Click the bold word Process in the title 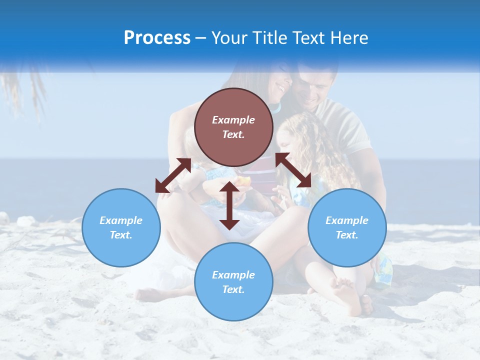tap(157, 38)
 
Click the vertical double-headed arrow tap(229, 205)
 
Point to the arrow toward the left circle tap(173, 175)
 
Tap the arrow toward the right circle tap(293, 170)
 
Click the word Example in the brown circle tap(233, 120)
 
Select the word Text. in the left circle tap(121, 235)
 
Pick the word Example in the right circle tap(347, 220)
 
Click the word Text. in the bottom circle tap(233, 289)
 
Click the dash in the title tap(201, 38)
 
